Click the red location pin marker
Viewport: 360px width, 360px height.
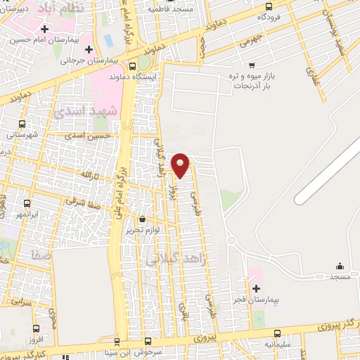click(x=181, y=165)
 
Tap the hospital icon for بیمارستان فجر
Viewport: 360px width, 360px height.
click(x=255, y=288)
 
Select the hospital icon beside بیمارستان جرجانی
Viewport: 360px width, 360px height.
click(x=89, y=49)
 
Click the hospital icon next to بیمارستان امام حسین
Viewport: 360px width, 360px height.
click(x=45, y=29)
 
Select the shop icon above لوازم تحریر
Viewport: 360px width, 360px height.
click(x=143, y=219)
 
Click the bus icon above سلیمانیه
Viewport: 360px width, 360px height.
click(x=277, y=333)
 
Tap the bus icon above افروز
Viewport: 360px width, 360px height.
click(x=37, y=328)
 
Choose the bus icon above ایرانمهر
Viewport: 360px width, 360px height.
click(x=26, y=202)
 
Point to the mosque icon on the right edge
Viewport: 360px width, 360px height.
click(x=340, y=266)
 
